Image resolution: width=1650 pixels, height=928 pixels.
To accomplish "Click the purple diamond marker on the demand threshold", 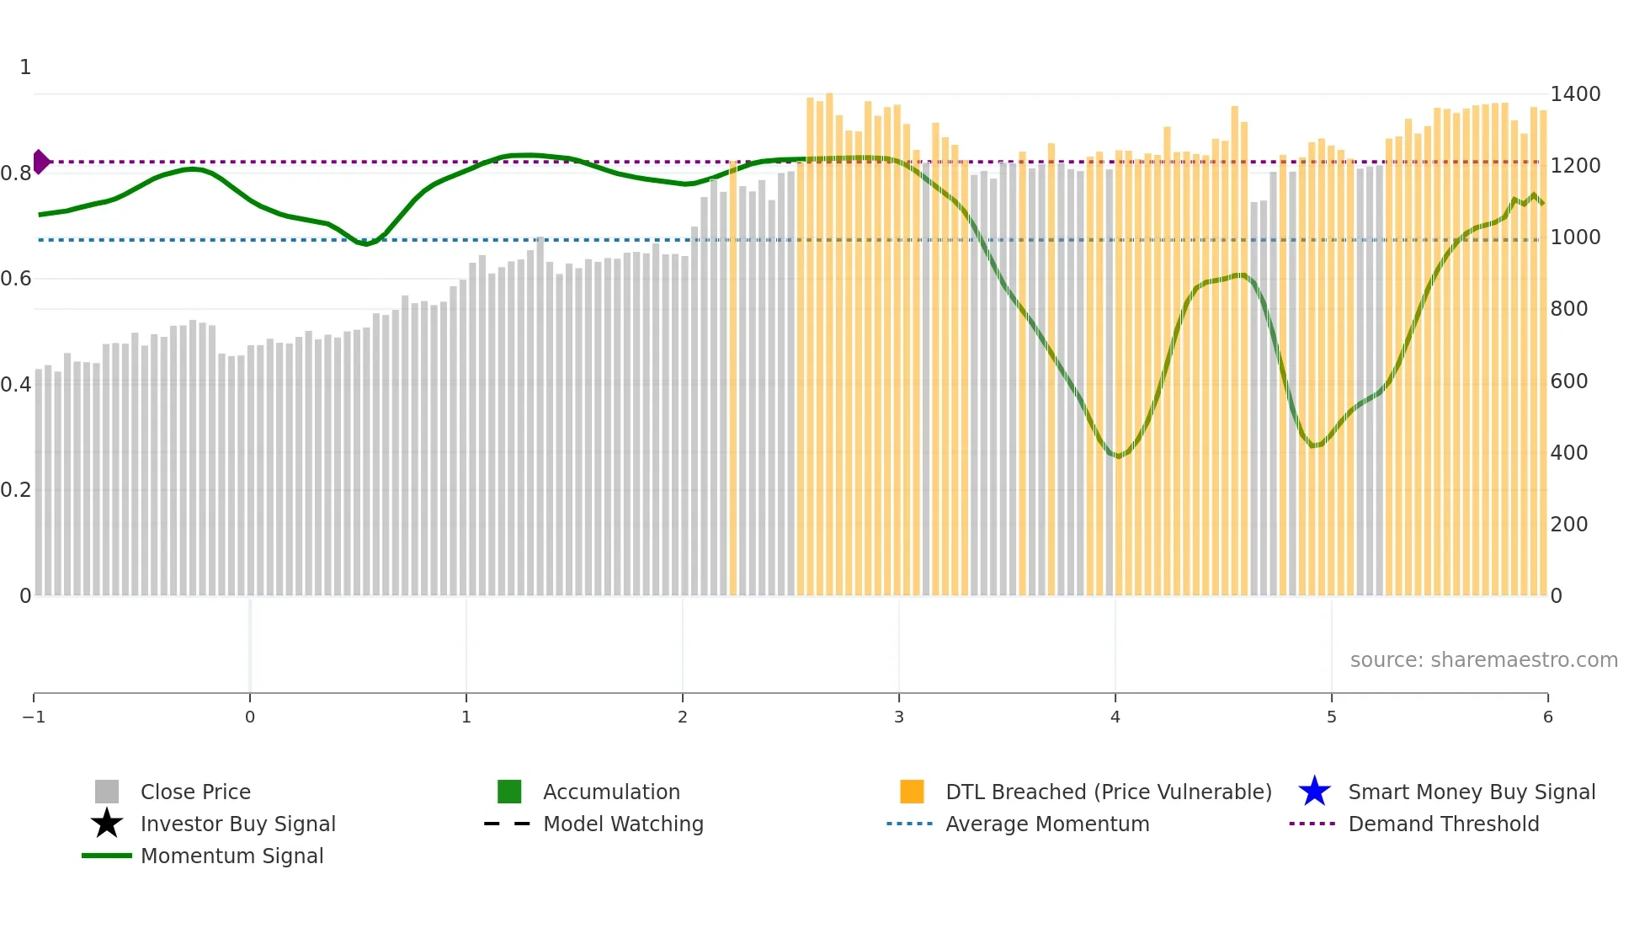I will [40, 162].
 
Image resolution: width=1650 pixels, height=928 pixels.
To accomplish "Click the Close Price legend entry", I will [194, 792].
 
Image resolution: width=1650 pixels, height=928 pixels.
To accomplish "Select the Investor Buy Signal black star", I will [107, 824].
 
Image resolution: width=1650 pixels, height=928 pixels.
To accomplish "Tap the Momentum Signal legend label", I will [232, 856].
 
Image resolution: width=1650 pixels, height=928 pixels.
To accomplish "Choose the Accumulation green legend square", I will [509, 792].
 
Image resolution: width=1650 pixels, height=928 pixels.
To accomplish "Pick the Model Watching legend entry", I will [622, 824].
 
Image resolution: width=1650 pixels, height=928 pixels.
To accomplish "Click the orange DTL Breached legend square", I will [912, 792].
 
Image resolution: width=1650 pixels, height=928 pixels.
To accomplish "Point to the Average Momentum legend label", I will [1046, 824].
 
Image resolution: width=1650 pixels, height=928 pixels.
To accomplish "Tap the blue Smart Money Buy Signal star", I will [1314, 792].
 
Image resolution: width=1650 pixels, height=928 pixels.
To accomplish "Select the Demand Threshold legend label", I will [1443, 824].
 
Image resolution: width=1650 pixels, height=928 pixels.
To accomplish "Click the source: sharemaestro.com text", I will [1483, 659].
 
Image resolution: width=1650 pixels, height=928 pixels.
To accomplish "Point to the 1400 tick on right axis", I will [1575, 93].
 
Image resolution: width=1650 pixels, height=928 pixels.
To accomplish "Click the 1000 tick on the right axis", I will [1575, 237].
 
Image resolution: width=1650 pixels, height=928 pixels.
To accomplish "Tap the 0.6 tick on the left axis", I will [16, 278].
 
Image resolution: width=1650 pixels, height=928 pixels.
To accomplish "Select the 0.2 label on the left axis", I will [16, 489].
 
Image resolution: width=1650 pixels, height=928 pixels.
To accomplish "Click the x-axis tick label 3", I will [899, 717].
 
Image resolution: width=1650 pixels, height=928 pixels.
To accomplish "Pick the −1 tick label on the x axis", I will [34, 717].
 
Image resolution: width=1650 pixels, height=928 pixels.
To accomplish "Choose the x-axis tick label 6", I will [1547, 717].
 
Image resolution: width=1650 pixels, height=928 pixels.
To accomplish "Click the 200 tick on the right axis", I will [1569, 524].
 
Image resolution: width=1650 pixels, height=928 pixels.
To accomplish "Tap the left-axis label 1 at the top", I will [25, 67].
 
